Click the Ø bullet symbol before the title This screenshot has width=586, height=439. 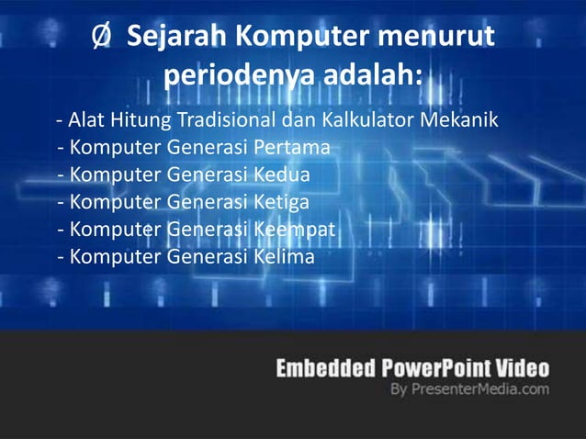point(102,39)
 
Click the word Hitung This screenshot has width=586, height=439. point(137,120)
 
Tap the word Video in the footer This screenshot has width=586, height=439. point(523,369)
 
